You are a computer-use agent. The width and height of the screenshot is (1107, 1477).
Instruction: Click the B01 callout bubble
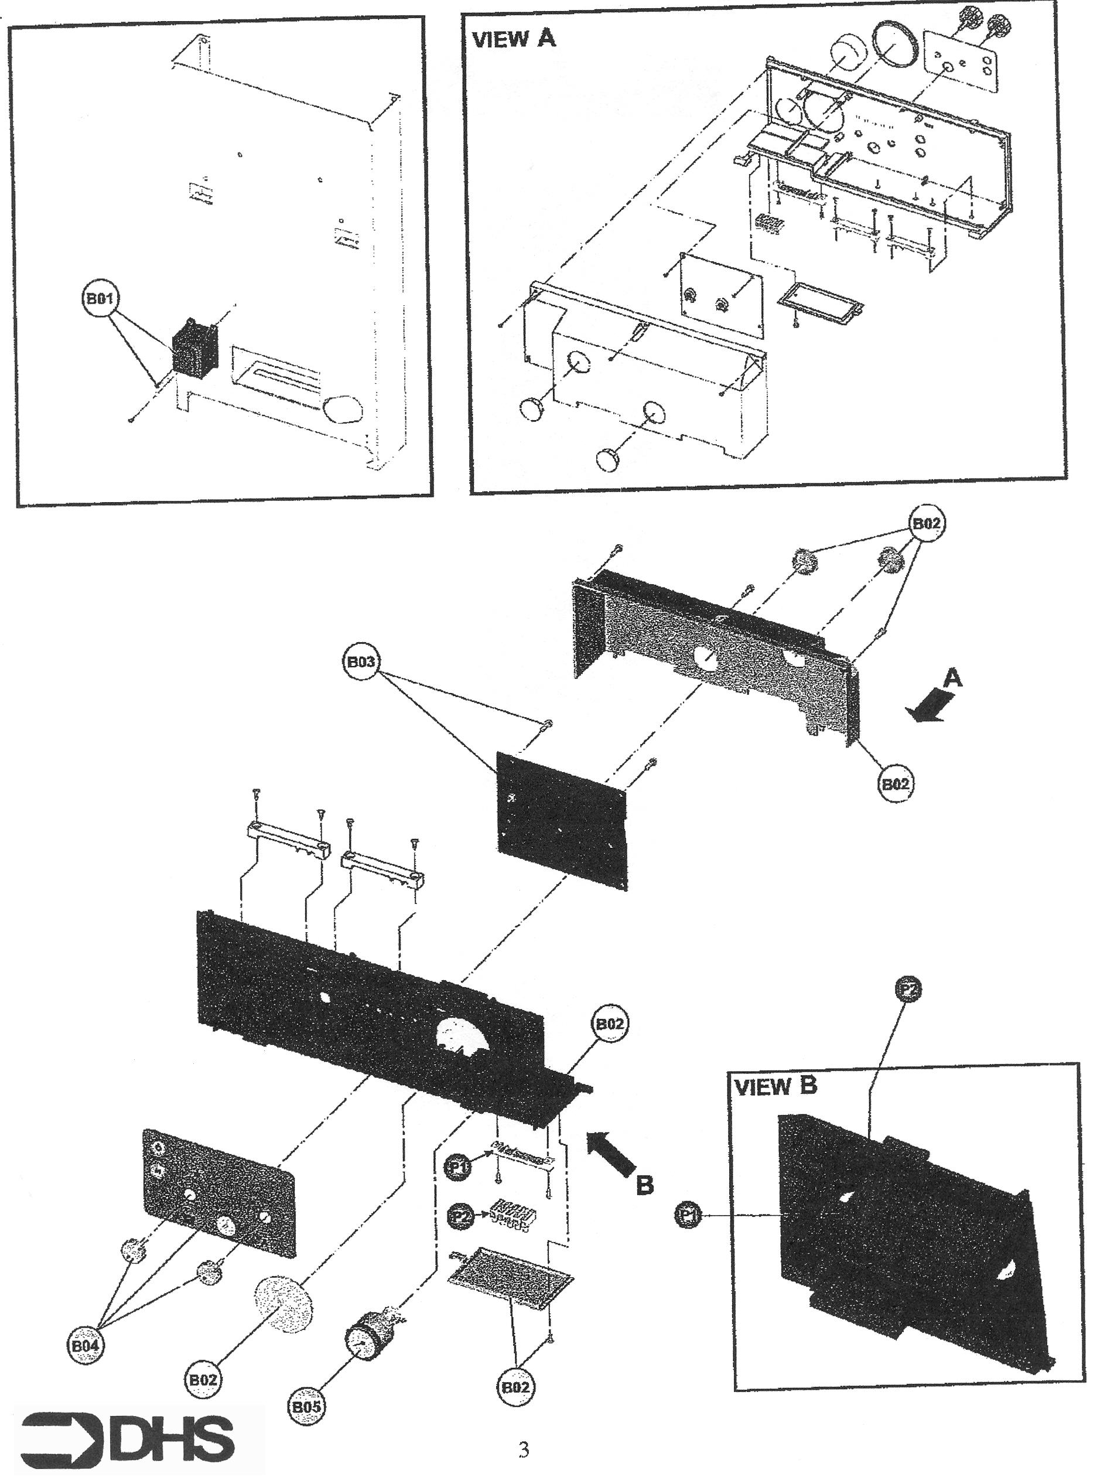[100, 298]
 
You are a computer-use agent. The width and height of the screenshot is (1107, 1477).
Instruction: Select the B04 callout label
[86, 1345]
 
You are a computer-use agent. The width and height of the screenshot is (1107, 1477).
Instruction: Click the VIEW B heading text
[774, 1086]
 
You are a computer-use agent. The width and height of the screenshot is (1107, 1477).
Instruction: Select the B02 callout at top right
[926, 524]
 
